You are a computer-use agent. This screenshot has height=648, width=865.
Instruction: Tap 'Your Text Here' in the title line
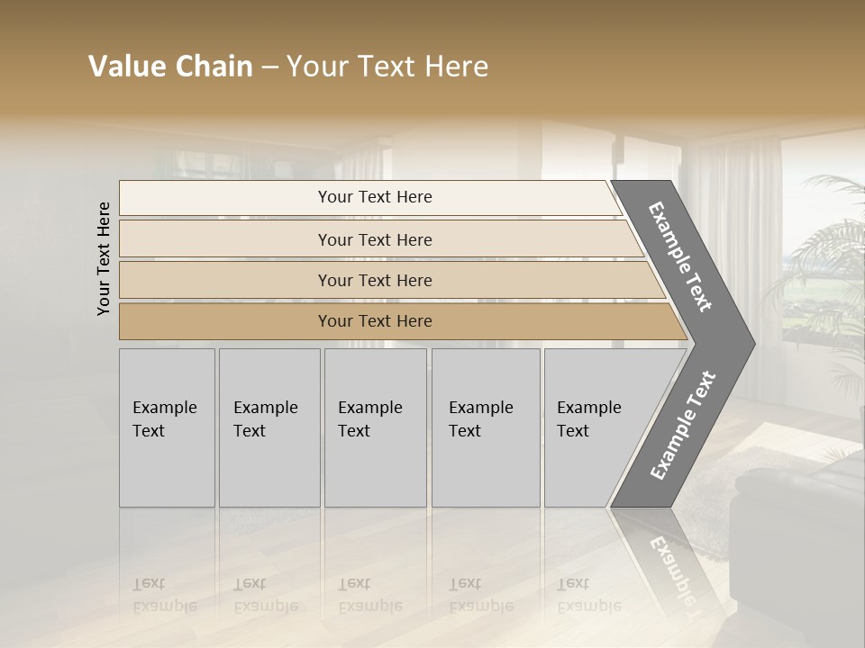pyautogui.click(x=387, y=67)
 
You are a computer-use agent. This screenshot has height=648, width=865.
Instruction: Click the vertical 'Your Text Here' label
pyautogui.click(x=104, y=258)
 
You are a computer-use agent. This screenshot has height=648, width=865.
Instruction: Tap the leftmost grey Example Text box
pyautogui.click(x=167, y=427)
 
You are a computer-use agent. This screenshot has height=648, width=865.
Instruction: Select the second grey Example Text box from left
pyautogui.click(x=269, y=427)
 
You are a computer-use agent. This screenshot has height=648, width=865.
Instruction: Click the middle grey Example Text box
pyautogui.click(x=375, y=427)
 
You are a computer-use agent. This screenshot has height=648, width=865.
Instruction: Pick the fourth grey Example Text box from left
pyautogui.click(x=485, y=427)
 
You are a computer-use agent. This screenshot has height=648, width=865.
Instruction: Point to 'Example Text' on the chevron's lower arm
pyautogui.click(x=683, y=425)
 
